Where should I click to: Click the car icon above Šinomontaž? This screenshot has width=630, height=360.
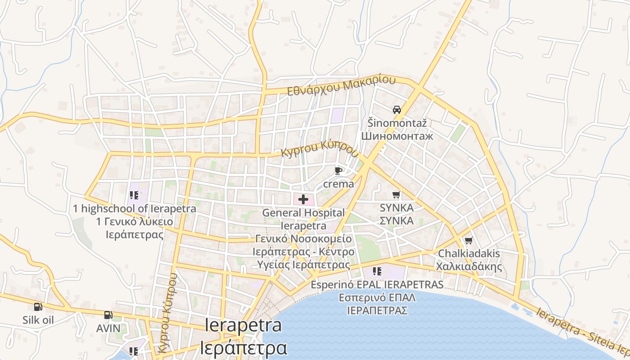click(396, 109)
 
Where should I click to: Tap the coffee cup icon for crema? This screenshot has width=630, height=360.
click(338, 171)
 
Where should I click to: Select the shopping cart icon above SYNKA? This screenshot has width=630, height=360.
click(396, 195)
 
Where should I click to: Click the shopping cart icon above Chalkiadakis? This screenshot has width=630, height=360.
click(468, 241)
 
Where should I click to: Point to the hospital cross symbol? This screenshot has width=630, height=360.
click(303, 199)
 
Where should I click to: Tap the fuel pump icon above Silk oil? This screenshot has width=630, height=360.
click(38, 307)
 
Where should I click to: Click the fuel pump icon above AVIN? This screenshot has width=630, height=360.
click(108, 315)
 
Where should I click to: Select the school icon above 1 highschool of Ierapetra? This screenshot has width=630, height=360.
click(134, 195)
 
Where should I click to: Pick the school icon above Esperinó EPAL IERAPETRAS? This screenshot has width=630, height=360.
click(377, 271)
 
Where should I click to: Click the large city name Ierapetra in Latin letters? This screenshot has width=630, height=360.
click(243, 325)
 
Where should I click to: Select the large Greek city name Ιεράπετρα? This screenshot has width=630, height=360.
click(243, 347)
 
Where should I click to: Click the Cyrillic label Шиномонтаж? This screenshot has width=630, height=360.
click(397, 135)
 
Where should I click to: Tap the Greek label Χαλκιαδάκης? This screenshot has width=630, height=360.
click(468, 266)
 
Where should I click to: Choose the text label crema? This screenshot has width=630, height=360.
click(338, 184)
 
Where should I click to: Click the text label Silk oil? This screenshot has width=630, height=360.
click(38, 320)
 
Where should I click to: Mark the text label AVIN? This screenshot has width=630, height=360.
click(108, 328)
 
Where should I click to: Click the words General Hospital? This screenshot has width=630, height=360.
click(303, 212)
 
